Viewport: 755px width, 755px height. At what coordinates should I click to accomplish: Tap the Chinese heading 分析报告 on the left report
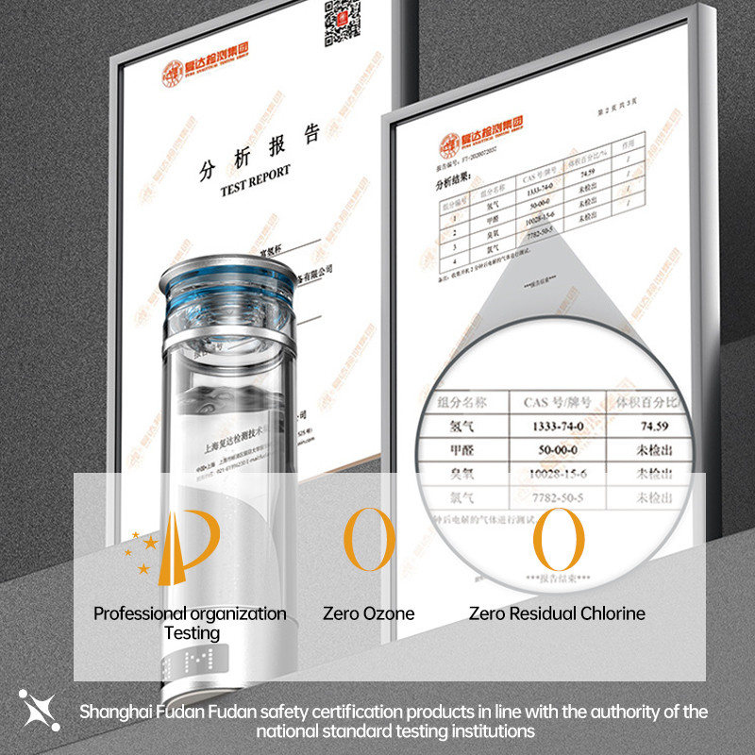260,152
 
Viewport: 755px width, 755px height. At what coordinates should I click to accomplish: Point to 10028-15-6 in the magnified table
551,473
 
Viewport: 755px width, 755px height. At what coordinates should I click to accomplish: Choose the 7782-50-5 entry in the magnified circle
551,496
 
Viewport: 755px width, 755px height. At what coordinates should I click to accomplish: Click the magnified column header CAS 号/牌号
551,402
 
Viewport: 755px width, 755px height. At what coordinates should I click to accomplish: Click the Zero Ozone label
368,613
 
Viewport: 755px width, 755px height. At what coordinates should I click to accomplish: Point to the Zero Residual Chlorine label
557,613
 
